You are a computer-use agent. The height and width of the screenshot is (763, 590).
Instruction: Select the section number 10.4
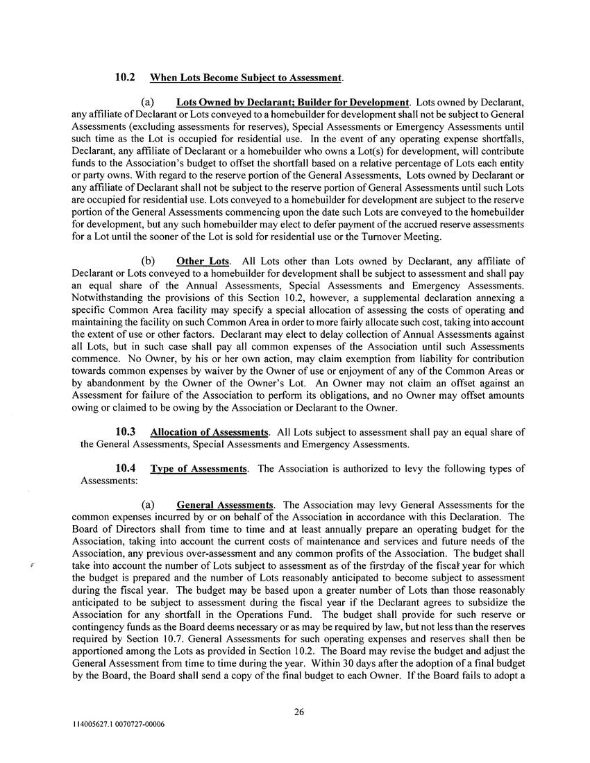click(126, 469)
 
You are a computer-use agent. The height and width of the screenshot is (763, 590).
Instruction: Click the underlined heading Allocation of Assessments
click(209, 432)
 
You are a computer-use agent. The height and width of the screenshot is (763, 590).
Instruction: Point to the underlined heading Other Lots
click(201, 261)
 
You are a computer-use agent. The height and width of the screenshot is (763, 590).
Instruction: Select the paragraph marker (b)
click(148, 261)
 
